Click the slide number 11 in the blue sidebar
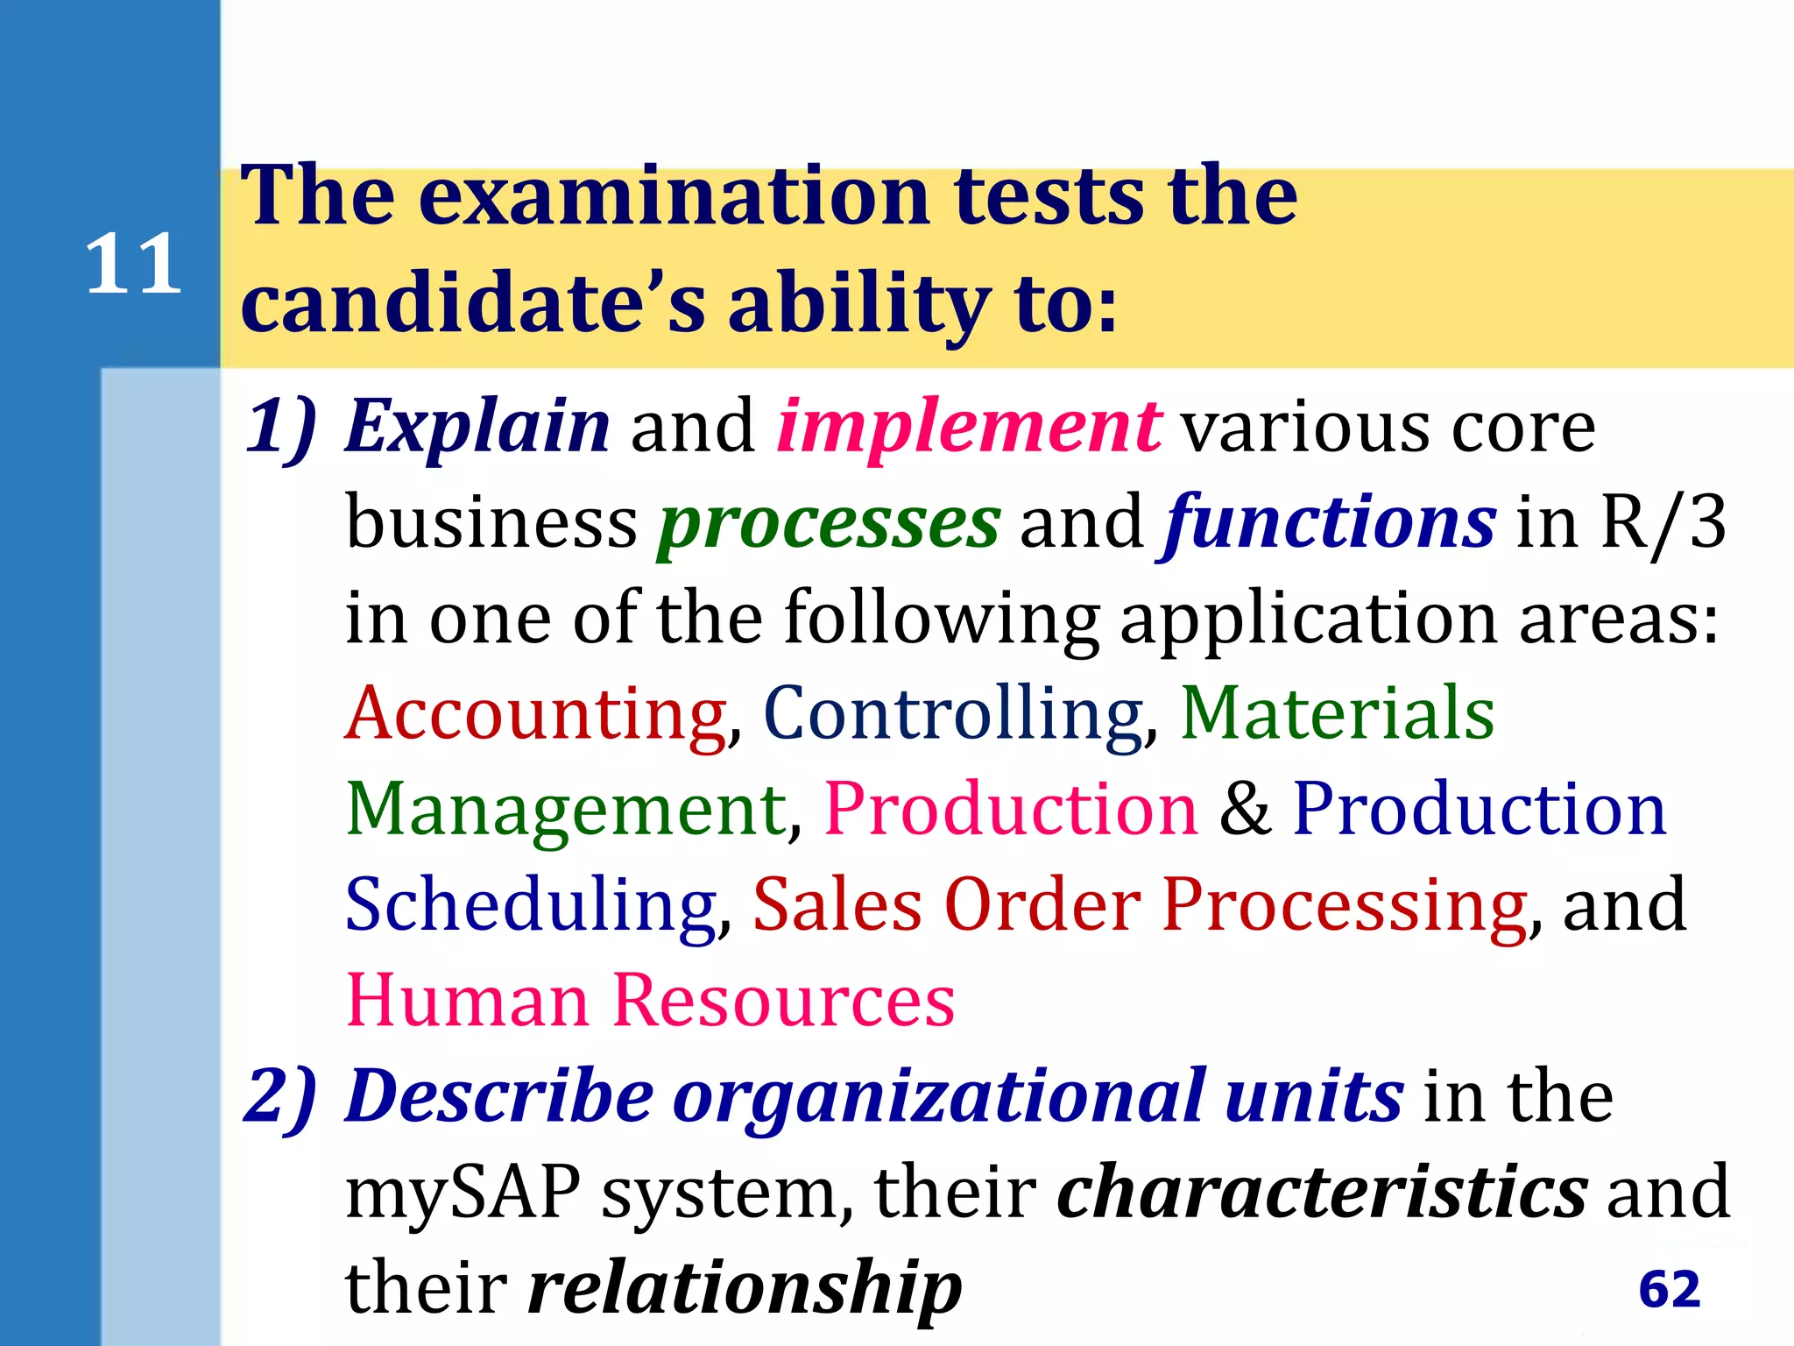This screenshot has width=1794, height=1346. (133, 264)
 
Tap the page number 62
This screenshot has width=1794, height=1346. (1669, 1288)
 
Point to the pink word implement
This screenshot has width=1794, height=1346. (969, 427)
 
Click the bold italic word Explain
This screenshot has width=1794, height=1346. (477, 427)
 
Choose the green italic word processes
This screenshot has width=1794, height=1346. (829, 523)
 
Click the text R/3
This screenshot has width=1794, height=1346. (1663, 523)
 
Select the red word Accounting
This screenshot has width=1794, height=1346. (535, 714)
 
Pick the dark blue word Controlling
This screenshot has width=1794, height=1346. (953, 714)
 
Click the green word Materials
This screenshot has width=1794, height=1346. (1337, 714)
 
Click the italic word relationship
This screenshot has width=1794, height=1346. (745, 1287)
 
